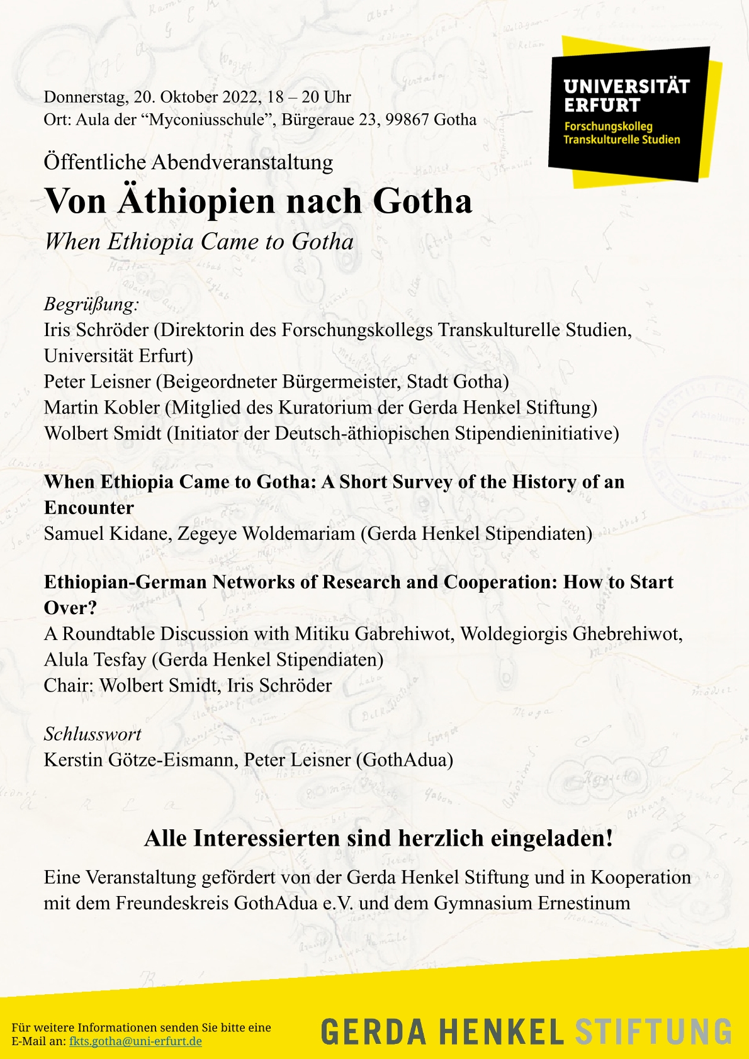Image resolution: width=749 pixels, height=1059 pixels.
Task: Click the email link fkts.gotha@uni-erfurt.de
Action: click(x=135, y=1041)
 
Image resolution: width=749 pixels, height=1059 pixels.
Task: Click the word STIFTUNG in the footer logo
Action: click(x=653, y=1032)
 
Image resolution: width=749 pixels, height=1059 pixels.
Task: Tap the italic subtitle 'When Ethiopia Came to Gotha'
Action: click(x=199, y=242)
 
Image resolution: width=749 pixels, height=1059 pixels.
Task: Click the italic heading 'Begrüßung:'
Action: click(x=91, y=305)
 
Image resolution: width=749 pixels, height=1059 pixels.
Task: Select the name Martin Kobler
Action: click(x=102, y=408)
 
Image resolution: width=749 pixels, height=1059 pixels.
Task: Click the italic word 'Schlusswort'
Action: click(x=93, y=734)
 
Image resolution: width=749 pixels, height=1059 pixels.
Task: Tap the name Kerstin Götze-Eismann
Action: click(x=140, y=759)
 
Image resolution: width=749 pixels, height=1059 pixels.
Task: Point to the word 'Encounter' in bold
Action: click(x=89, y=508)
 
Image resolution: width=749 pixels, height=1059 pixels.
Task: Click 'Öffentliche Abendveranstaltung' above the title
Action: click(x=188, y=162)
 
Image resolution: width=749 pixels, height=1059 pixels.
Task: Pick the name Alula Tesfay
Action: click(x=94, y=659)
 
